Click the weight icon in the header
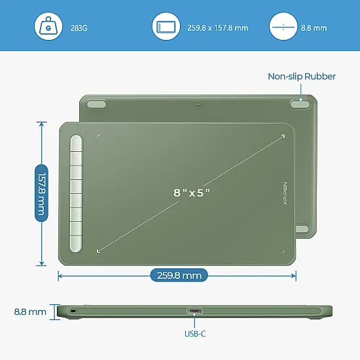pyautogui.click(x=48, y=26)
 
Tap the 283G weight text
pyautogui.click(x=79, y=28)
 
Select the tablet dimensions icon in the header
pyautogui.click(x=166, y=26)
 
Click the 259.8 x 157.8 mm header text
pyautogui.click(x=218, y=28)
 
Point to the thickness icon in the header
pyautogui.click(x=283, y=26)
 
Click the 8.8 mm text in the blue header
pyautogui.click(x=314, y=28)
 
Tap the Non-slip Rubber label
pyautogui.click(x=302, y=77)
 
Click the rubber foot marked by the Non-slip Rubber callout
pyautogui.click(x=300, y=104)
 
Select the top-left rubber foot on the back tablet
pyautogui.click(x=96, y=104)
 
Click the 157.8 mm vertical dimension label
pyautogui.click(x=41, y=193)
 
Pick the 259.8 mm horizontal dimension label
pyautogui.click(x=179, y=276)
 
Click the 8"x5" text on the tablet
pyautogui.click(x=192, y=192)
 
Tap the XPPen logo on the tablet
pyautogui.click(x=285, y=193)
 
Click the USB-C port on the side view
pyautogui.click(x=194, y=312)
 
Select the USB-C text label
pyautogui.click(x=195, y=334)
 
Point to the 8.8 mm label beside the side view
pyautogui.click(x=30, y=312)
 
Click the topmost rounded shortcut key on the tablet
pyautogui.click(x=76, y=143)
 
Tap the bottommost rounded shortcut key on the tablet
pyautogui.click(x=76, y=243)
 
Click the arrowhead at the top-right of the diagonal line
pyautogui.click(x=283, y=136)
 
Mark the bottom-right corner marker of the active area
pyautogui.click(x=283, y=251)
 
